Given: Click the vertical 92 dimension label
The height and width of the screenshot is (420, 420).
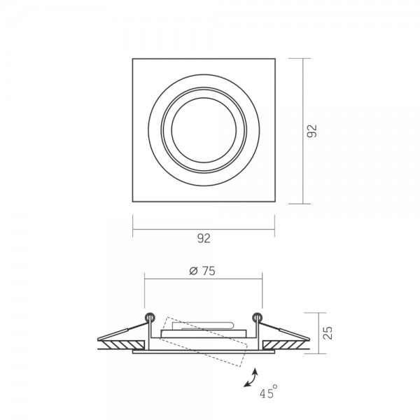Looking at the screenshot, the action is click(x=311, y=131).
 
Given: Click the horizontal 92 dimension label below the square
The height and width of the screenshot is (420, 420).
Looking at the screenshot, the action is click(x=204, y=239).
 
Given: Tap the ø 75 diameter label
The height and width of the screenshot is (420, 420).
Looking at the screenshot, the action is click(x=202, y=271).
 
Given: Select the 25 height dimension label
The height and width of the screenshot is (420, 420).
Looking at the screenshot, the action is click(x=328, y=333).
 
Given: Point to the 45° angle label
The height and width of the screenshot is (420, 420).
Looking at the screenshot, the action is click(x=269, y=391).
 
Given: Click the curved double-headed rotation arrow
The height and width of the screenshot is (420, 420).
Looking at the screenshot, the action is click(x=251, y=378).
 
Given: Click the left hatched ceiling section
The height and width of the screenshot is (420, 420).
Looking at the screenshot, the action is click(x=122, y=344).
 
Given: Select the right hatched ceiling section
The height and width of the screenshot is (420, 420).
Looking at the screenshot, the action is click(x=286, y=344).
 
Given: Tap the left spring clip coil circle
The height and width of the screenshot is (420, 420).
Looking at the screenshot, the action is click(x=150, y=318).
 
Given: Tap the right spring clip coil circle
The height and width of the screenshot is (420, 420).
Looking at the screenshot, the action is click(x=258, y=318).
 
